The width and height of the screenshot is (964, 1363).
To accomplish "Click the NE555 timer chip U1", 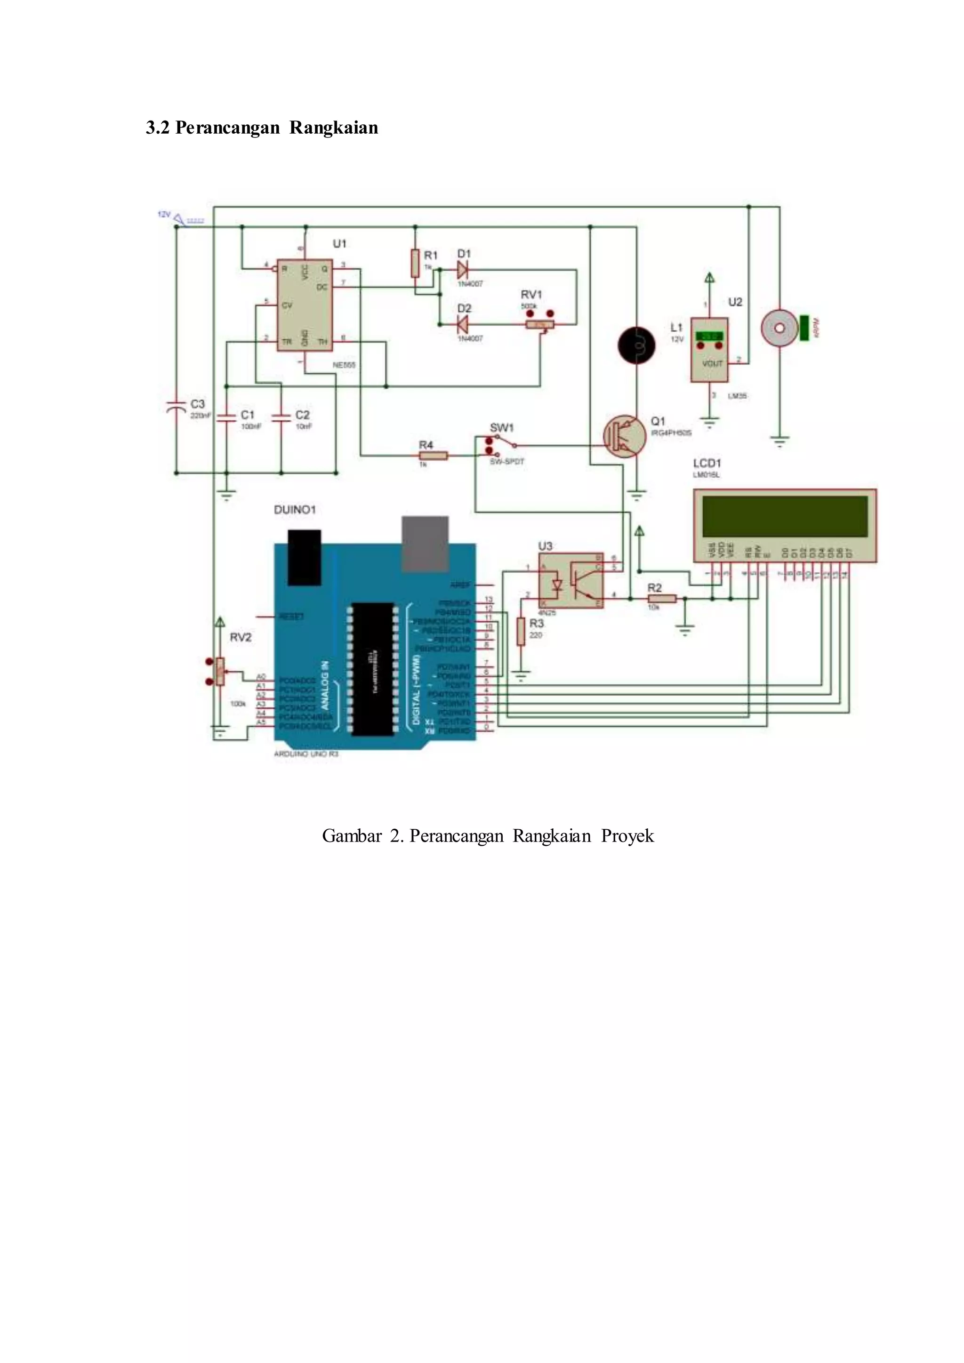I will (305, 305).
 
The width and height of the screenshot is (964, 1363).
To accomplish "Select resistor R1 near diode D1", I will (415, 263).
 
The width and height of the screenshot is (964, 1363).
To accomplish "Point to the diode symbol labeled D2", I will (463, 324).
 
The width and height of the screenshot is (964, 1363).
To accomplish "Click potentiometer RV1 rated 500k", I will (539, 324).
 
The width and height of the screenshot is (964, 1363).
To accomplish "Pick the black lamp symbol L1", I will (636, 345).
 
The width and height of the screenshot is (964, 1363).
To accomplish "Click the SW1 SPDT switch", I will (502, 445).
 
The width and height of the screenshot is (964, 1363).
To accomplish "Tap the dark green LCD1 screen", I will (785, 515).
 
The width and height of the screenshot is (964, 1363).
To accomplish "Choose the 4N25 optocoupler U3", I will (570, 581).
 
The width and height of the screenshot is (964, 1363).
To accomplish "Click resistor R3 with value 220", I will (521, 631).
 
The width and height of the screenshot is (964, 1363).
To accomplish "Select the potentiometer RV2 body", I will (220, 671).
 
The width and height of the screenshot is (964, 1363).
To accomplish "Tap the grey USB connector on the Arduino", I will (425, 543).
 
